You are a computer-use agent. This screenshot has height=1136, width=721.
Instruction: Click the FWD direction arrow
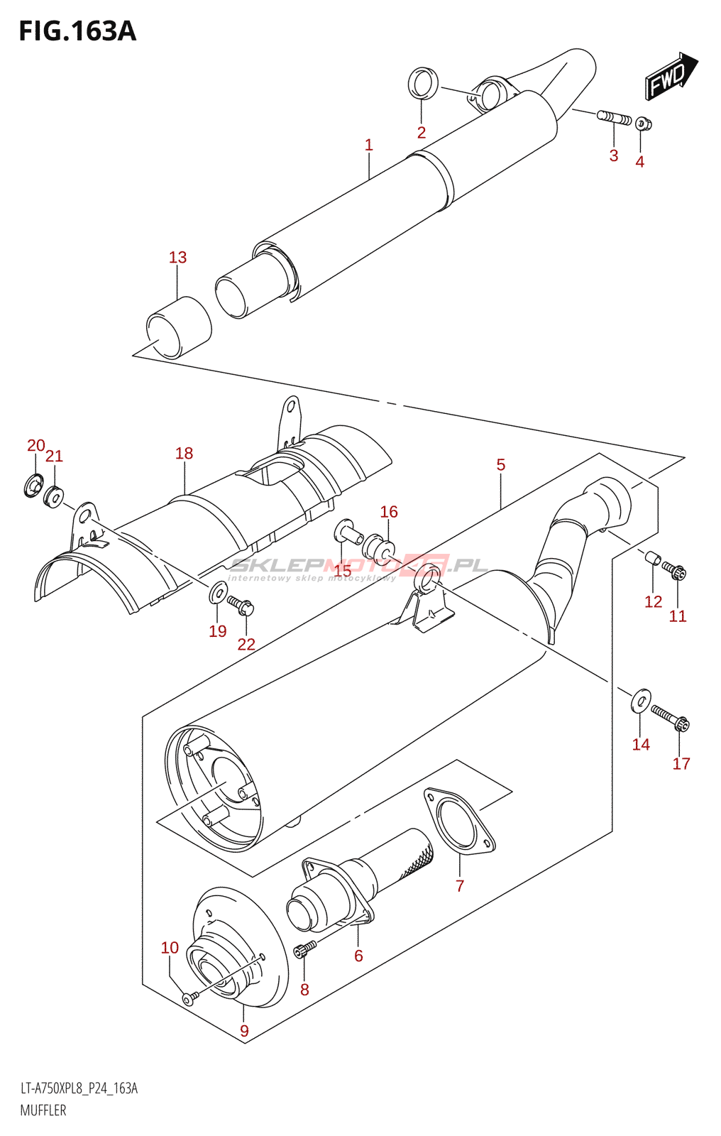click(671, 75)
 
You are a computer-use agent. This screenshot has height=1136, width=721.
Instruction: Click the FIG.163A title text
click(77, 31)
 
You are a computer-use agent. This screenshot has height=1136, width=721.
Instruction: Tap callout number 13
click(177, 257)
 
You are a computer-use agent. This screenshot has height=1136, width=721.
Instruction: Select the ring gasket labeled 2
click(423, 84)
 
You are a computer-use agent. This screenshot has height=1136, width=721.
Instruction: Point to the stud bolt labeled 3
click(615, 117)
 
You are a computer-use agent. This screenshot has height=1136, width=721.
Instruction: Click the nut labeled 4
click(643, 124)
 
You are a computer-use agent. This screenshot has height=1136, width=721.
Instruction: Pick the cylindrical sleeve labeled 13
click(179, 327)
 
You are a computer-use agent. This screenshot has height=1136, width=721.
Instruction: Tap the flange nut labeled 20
click(33, 486)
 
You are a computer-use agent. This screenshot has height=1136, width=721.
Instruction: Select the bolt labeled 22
click(241, 606)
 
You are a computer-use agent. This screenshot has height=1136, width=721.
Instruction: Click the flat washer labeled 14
click(641, 700)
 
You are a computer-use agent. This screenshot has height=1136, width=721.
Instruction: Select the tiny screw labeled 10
click(188, 999)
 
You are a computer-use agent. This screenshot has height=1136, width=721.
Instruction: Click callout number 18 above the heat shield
click(184, 453)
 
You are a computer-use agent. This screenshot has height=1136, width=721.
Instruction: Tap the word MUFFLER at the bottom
click(43, 1110)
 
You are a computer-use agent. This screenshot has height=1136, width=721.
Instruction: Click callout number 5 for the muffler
click(500, 464)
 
